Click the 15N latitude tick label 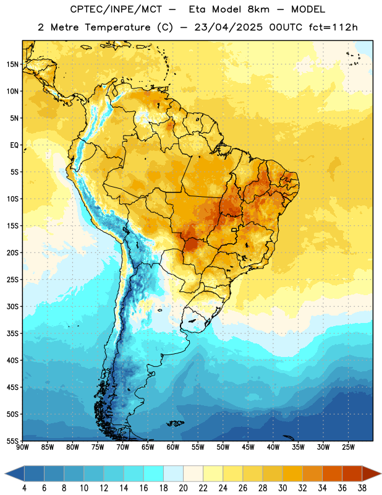pyautogui.click(x=12, y=64)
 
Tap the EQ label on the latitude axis pyautogui.click(x=14, y=145)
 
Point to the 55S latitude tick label pyautogui.click(x=12, y=441)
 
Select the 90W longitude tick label pyautogui.click(x=22, y=447)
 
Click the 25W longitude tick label pyautogui.click(x=348, y=447)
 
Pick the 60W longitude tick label pyautogui.click(x=173, y=447)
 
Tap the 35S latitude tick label pyautogui.click(x=12, y=334)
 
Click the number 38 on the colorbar pyautogui.click(x=362, y=488)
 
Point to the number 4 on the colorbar pyautogui.click(x=24, y=488)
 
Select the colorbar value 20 pyautogui.click(x=183, y=488)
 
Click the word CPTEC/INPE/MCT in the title pyautogui.click(x=116, y=9)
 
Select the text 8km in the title pyautogui.click(x=258, y=9)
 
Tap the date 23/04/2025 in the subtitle pyautogui.click(x=228, y=27)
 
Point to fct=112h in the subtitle pyautogui.click(x=333, y=27)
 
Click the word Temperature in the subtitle pyautogui.click(x=117, y=28)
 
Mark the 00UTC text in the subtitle pyautogui.click(x=286, y=27)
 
